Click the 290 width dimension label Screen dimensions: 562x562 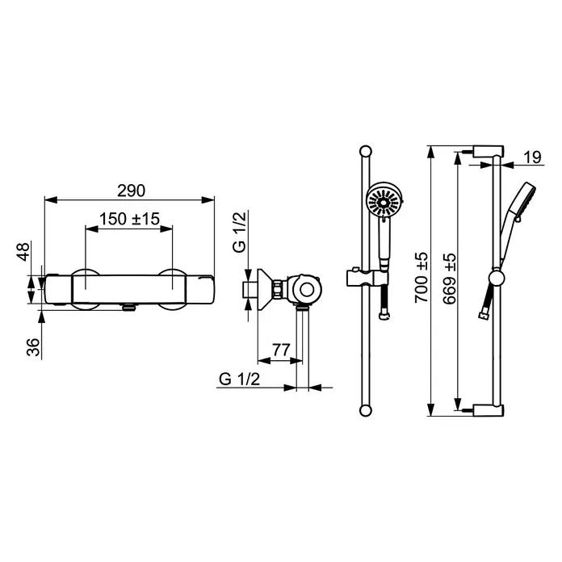(x=131, y=191)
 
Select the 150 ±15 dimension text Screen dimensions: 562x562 (x=129, y=219)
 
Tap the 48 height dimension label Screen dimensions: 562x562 (x=23, y=252)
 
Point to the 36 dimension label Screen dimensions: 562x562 (x=33, y=347)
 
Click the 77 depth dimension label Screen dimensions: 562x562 (x=281, y=350)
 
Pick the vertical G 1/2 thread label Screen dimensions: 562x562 (x=240, y=233)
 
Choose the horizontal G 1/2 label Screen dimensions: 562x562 (x=239, y=379)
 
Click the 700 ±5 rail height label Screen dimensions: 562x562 (x=421, y=278)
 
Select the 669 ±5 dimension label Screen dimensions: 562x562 (x=450, y=279)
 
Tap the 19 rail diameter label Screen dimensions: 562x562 (x=533, y=157)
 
